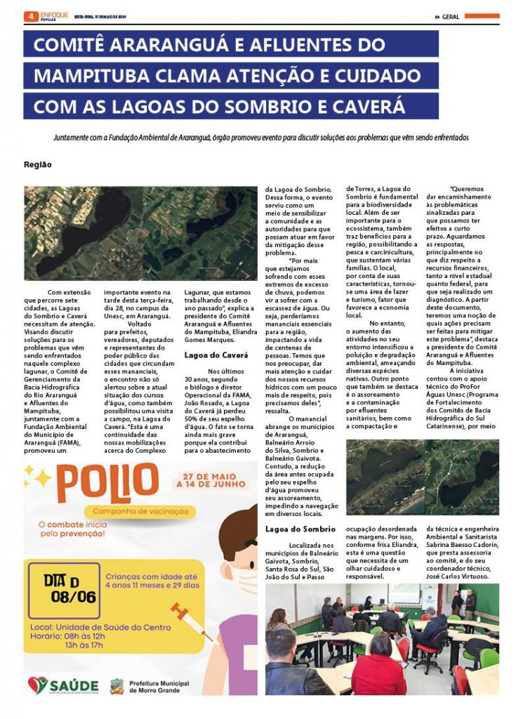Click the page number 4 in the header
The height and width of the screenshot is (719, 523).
tap(29, 15)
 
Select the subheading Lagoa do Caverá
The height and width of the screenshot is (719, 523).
tap(216, 355)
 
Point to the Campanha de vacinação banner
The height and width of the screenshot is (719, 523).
tap(138, 511)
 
